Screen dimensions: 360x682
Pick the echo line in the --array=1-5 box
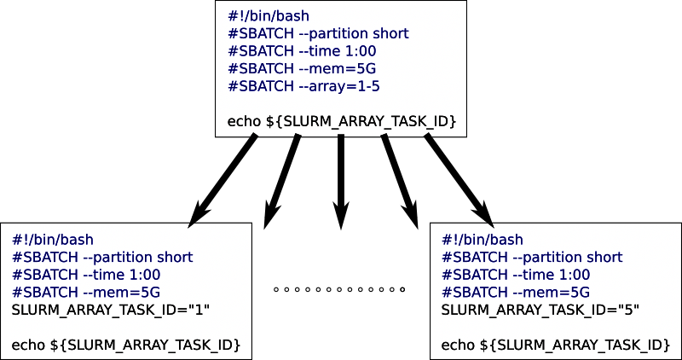[x=342, y=122]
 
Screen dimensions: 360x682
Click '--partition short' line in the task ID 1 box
[x=102, y=257]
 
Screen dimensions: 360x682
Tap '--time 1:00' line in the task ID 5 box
[x=516, y=274]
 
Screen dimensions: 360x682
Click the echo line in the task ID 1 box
[x=125, y=345]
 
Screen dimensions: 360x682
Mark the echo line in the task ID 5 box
[x=555, y=345]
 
